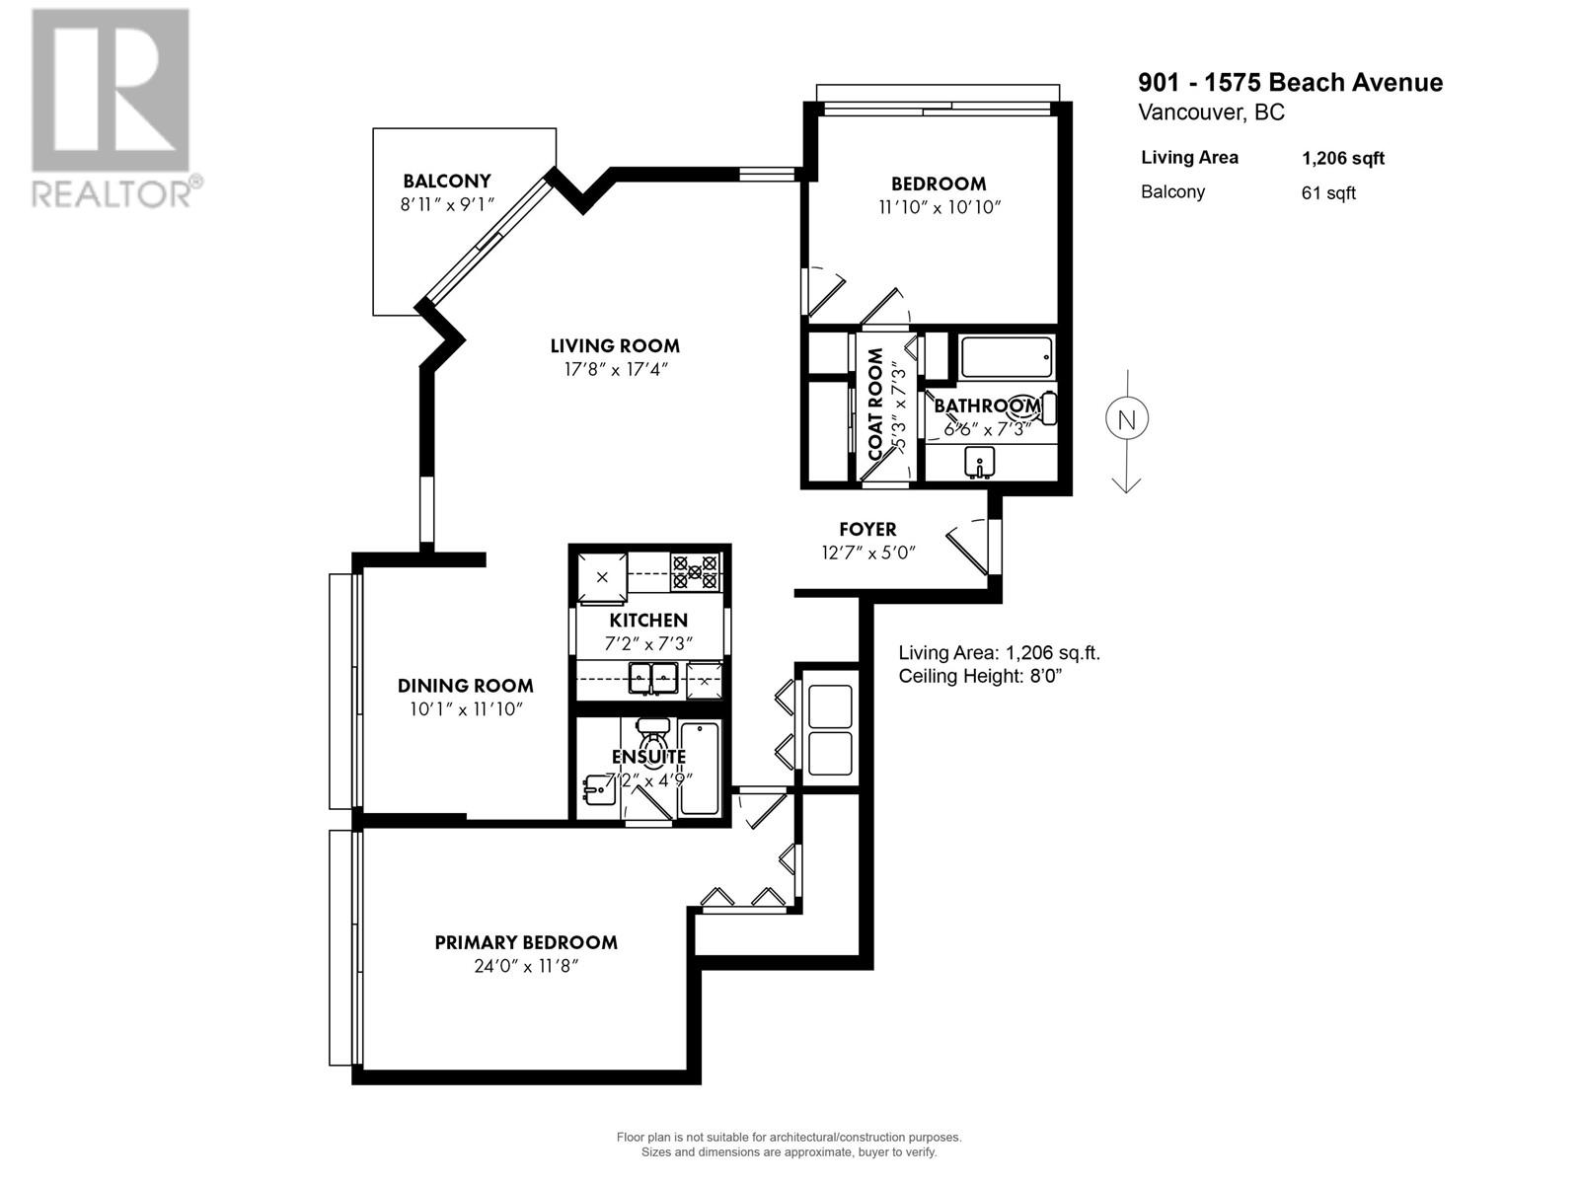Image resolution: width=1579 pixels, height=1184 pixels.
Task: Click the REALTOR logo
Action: (111, 109)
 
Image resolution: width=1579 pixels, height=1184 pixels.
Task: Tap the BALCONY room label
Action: (446, 182)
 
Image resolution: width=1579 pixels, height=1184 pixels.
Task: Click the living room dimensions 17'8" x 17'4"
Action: (615, 370)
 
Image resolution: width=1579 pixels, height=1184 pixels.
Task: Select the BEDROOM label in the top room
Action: (938, 184)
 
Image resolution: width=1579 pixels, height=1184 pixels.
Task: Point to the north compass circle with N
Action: (1126, 419)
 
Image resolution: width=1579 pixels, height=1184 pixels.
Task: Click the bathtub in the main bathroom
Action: (1007, 357)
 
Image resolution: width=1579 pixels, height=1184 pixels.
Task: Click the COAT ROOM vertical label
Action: (875, 405)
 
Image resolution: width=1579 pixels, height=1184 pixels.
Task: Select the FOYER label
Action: (867, 530)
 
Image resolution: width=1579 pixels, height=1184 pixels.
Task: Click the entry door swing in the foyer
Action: (968, 548)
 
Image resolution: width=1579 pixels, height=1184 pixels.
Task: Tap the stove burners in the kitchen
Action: (695, 572)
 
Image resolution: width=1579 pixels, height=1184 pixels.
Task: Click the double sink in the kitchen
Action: (652, 677)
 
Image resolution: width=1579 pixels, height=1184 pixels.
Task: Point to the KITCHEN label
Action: (648, 621)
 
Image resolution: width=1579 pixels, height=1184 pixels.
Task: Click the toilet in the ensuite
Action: (652, 734)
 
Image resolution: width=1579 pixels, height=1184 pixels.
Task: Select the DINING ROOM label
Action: (465, 686)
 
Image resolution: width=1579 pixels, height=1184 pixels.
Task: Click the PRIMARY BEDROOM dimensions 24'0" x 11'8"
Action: (525, 967)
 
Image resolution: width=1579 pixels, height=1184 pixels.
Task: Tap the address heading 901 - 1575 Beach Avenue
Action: (1290, 83)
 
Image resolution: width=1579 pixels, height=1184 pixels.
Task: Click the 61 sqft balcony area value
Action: (1328, 193)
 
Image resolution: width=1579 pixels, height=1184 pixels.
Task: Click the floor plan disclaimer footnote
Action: (789, 1145)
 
